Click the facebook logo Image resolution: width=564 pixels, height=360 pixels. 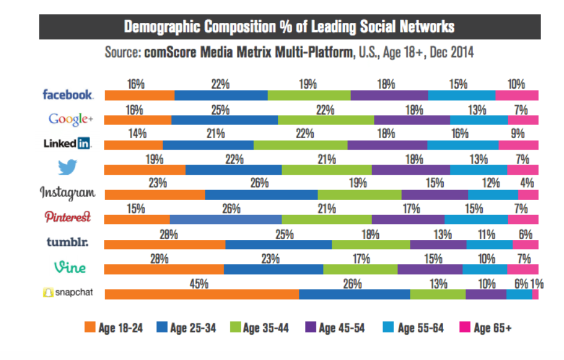point(67,94)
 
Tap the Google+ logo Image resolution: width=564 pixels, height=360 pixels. point(71,119)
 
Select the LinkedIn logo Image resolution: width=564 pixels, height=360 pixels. point(67,144)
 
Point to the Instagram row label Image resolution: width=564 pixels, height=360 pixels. point(67,192)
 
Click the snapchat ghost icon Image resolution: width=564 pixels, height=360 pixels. point(48,293)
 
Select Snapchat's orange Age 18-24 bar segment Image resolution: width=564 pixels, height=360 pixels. point(201,294)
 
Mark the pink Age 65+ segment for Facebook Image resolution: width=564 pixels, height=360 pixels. point(516,95)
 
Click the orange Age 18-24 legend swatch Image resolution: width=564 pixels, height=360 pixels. point(90,328)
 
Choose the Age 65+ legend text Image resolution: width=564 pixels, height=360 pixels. point(492,328)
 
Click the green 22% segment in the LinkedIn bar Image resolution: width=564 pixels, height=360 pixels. point(300,145)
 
